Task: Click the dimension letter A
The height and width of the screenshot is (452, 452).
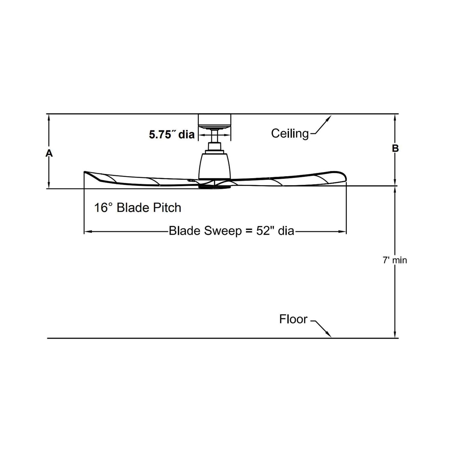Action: (x=49, y=153)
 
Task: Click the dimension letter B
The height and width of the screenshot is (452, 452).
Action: (x=395, y=148)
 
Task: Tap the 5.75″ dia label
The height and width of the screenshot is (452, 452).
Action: (x=172, y=134)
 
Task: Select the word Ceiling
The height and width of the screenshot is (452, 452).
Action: (x=290, y=133)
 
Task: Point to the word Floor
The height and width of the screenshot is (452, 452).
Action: (x=293, y=319)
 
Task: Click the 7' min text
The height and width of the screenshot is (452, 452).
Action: (x=395, y=260)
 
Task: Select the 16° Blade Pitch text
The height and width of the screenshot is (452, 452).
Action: (x=138, y=208)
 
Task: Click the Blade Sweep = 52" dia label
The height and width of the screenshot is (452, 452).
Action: (x=231, y=231)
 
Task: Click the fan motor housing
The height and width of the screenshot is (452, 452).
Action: (x=215, y=166)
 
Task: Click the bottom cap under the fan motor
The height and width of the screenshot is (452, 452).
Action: (x=215, y=187)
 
